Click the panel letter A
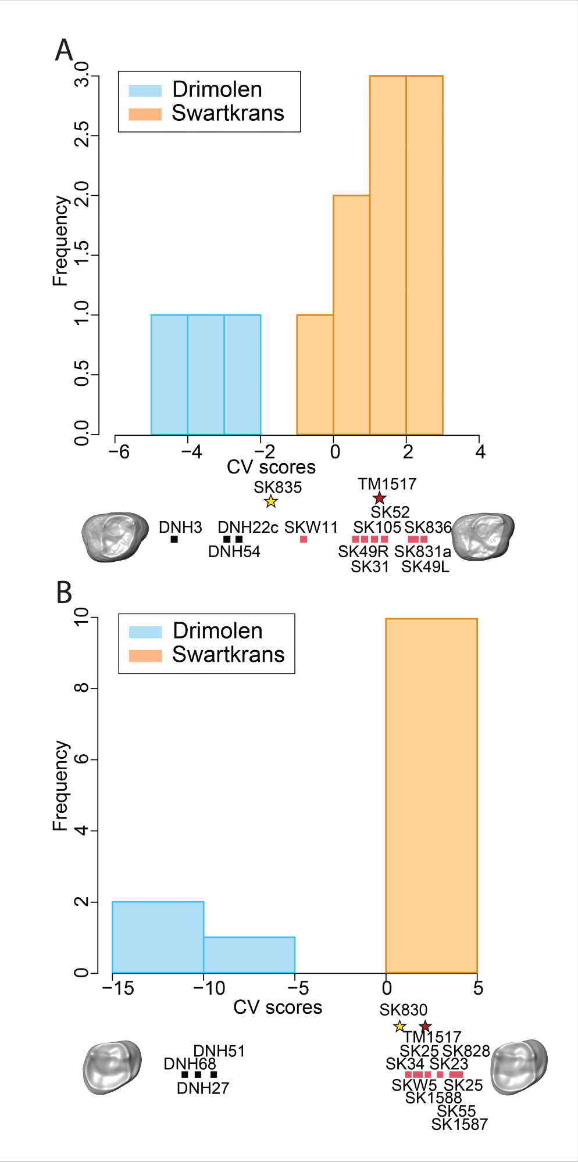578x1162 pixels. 64,51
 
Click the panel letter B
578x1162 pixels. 64,593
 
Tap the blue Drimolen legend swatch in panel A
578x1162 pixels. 145,91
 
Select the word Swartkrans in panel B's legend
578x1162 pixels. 228,655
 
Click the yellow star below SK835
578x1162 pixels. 271,501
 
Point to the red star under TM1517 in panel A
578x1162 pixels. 379,498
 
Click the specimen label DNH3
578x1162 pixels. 180,528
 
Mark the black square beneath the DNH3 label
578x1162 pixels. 174,539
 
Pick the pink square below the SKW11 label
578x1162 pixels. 304,539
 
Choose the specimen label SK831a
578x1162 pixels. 422,552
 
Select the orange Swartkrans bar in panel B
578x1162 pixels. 431,796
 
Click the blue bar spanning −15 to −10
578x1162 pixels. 158,937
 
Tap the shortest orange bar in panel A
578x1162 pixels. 315,375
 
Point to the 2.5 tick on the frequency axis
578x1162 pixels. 82,135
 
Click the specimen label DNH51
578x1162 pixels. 219,1051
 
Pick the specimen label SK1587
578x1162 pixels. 459,1124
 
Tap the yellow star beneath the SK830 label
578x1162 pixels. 399,1027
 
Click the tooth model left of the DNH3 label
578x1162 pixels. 114,536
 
